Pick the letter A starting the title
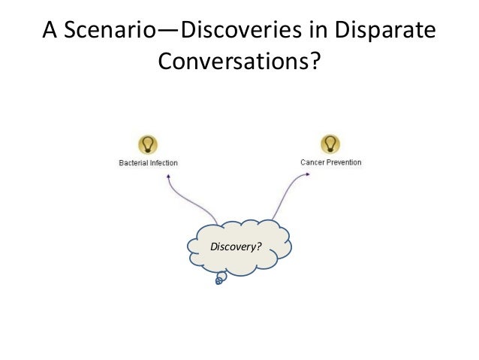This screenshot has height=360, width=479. (x=50, y=34)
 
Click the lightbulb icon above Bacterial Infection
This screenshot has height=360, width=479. (x=148, y=144)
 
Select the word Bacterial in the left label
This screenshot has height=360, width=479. (x=135, y=162)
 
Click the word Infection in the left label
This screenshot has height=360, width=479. (x=164, y=162)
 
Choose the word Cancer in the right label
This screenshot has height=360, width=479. (x=312, y=162)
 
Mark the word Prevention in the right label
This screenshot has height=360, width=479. (x=343, y=162)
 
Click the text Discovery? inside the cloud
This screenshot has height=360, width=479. (x=235, y=246)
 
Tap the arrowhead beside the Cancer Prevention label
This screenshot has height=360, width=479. (x=307, y=174)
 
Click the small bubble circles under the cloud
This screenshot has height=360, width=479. (x=220, y=279)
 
